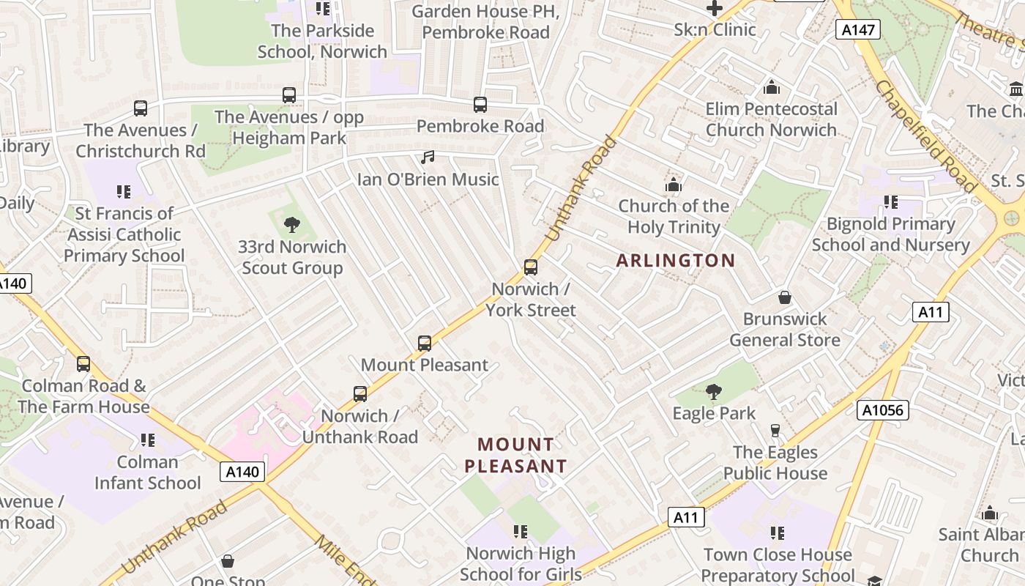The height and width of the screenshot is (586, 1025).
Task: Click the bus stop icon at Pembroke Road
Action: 480,105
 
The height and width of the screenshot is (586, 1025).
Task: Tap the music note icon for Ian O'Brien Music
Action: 428,157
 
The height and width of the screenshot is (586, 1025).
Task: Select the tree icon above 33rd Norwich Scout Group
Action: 292,225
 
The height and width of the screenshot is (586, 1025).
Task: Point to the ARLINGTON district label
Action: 675,261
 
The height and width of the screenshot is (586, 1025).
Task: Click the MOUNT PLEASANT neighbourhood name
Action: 515,455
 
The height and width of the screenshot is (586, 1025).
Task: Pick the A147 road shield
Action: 857,29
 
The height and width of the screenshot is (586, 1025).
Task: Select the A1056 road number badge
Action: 884,410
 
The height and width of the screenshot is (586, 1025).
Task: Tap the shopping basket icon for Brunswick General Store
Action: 785,297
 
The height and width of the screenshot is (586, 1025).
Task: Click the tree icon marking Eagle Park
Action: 714,392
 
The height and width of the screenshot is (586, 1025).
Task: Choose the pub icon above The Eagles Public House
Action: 775,431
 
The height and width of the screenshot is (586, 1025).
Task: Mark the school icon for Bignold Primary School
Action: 890,202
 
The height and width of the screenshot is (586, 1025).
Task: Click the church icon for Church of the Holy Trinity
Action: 673,185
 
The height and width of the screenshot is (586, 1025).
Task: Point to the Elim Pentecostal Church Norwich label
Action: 771,119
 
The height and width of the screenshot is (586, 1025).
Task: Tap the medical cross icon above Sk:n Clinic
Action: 714,9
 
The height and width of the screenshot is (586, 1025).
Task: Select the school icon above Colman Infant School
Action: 148,440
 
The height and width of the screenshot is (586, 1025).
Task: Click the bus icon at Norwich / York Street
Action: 531,267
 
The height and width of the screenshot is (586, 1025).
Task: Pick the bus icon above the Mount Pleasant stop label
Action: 425,344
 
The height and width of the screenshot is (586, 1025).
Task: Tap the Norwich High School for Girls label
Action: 521,563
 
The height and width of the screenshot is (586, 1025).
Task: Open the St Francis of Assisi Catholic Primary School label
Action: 124,234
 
